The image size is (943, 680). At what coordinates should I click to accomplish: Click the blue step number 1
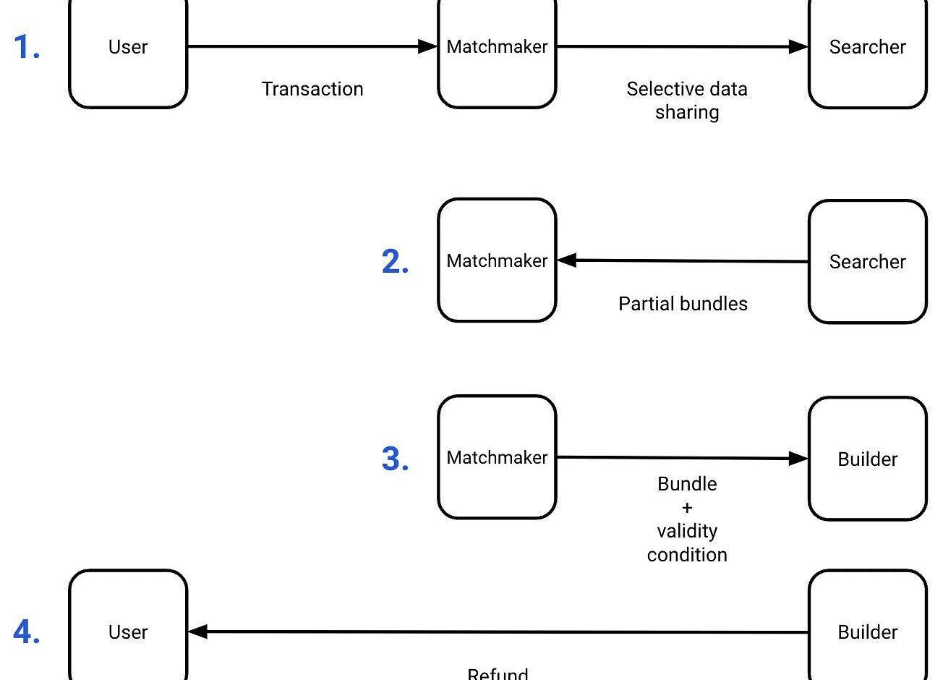tap(27, 48)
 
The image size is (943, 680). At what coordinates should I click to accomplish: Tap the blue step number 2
tap(395, 262)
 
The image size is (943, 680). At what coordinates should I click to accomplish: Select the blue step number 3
tap(395, 459)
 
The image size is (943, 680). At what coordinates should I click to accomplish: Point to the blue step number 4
tap(27, 632)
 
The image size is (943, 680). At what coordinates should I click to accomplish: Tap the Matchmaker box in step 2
tap(497, 260)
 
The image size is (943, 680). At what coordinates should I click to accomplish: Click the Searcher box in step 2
tap(867, 262)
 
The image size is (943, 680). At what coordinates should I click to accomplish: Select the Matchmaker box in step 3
tap(497, 457)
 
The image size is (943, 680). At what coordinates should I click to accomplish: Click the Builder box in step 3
tap(867, 459)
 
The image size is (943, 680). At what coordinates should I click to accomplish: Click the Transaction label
tap(312, 89)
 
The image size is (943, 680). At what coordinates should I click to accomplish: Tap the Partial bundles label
tap(683, 304)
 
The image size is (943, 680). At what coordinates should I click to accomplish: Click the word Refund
tap(498, 673)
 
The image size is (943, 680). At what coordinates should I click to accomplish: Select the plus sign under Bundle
tap(686, 507)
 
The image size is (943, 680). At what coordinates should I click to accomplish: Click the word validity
tap(687, 531)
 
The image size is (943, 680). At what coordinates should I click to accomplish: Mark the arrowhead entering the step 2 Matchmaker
tap(566, 260)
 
